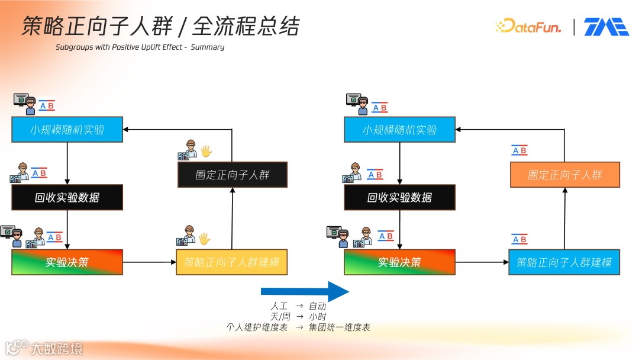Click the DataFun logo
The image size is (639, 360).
pyautogui.click(x=528, y=27)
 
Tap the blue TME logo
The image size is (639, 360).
pyautogui.click(x=606, y=27)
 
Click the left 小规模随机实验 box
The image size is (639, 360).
pyautogui.click(x=67, y=130)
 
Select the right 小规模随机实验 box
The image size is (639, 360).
pyautogui.click(x=400, y=130)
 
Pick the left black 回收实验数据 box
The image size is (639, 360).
pyautogui.click(x=67, y=197)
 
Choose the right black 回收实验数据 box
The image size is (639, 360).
pyautogui.click(x=400, y=197)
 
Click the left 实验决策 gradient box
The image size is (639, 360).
pyautogui.click(x=67, y=262)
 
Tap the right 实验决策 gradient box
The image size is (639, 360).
pyautogui.click(x=400, y=262)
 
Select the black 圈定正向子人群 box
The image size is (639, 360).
pyautogui.click(x=233, y=175)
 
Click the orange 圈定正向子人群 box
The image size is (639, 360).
pyautogui.click(x=565, y=175)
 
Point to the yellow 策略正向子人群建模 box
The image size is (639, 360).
pyautogui.click(x=232, y=262)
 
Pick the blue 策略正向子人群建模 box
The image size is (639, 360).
pyautogui.click(x=564, y=262)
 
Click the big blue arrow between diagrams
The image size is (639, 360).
pyautogui.click(x=305, y=291)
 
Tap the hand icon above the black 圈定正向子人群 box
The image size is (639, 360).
pyautogui.click(x=206, y=151)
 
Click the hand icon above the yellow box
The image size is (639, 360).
pyautogui.click(x=204, y=239)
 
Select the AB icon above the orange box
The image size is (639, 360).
pyautogui.click(x=519, y=151)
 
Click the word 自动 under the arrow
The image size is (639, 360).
pyautogui.click(x=317, y=307)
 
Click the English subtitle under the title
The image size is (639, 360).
pyautogui.click(x=140, y=47)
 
